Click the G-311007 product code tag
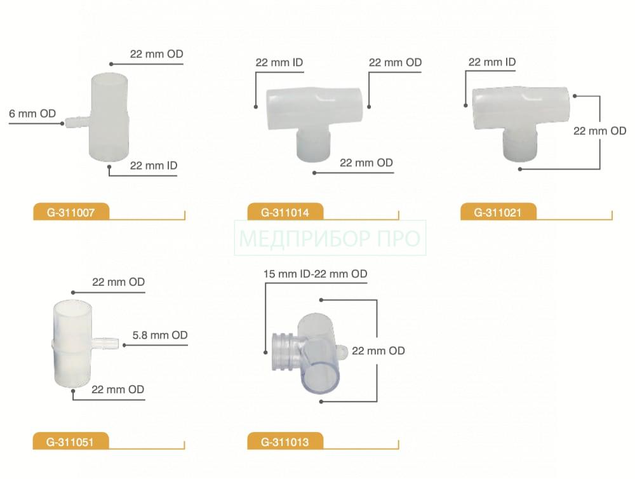(x=71, y=212)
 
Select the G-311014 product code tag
(x=285, y=212)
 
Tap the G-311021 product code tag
(x=498, y=212)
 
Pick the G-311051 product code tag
(x=70, y=441)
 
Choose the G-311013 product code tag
(x=285, y=441)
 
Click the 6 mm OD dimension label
(x=32, y=114)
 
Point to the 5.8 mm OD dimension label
(x=160, y=335)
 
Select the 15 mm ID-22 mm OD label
(x=315, y=274)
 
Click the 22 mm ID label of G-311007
(x=154, y=165)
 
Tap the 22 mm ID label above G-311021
(x=492, y=62)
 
